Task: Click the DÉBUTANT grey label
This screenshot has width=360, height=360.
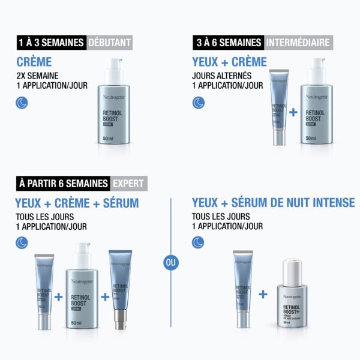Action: pos(109,43)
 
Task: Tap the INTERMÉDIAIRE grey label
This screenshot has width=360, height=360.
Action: pos(298,43)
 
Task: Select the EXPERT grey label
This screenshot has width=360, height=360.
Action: pos(128,184)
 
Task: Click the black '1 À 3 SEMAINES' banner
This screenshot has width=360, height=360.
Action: pos(51,43)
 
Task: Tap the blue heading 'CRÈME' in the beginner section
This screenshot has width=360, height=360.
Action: pos(34,62)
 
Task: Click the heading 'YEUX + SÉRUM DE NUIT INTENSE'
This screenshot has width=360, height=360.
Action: pos(273,203)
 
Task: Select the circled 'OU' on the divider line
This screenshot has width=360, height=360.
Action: pos(170,263)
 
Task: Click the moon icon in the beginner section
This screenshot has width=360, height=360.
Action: pos(23,103)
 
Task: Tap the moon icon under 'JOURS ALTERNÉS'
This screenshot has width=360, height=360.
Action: pos(198,103)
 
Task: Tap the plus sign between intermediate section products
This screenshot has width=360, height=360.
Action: pos(292,112)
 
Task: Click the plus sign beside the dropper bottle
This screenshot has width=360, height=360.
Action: pos(263,295)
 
